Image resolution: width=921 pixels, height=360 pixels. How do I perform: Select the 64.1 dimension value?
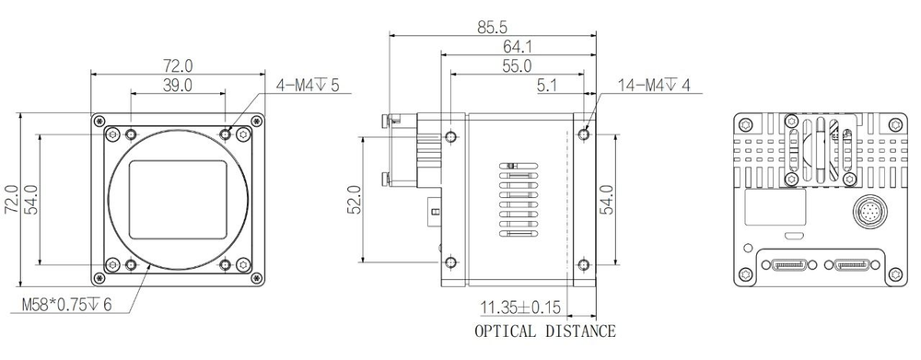517,47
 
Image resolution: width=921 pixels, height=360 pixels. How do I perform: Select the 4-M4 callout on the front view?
308,86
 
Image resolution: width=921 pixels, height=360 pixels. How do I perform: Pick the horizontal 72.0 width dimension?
177,65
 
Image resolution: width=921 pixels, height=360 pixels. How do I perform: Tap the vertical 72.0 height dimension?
12,199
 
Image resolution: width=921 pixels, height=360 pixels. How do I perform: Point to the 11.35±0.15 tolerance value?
518,307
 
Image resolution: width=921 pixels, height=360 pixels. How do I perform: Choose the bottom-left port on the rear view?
787,265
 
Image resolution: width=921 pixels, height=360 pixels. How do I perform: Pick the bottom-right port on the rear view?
853,265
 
